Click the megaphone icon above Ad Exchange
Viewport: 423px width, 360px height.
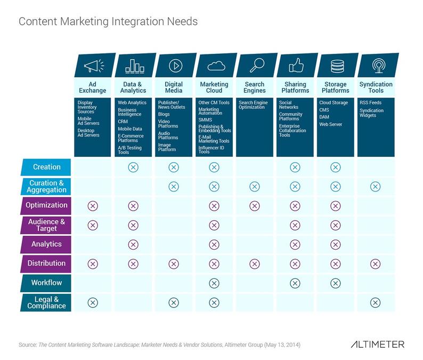click(x=93, y=66)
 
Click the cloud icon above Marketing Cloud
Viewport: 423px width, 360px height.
click(x=214, y=66)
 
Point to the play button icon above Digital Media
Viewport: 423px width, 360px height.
click(x=174, y=66)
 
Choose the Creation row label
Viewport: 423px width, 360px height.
click(x=47, y=167)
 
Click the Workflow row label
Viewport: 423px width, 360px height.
click(x=47, y=282)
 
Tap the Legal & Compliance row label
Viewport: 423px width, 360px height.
click(x=47, y=302)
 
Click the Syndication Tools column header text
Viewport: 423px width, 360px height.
click(x=376, y=87)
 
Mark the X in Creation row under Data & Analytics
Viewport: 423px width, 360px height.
click(x=133, y=167)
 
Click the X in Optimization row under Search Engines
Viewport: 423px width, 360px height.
click(x=255, y=206)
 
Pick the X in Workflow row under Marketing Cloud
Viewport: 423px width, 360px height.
click(x=214, y=283)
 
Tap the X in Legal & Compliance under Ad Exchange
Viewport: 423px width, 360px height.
click(x=93, y=302)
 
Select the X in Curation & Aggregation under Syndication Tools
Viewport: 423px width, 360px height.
click(x=376, y=187)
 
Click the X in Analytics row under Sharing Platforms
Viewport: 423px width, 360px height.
click(x=295, y=244)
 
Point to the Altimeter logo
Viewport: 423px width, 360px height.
click(x=377, y=345)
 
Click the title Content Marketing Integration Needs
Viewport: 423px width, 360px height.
click(x=108, y=22)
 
